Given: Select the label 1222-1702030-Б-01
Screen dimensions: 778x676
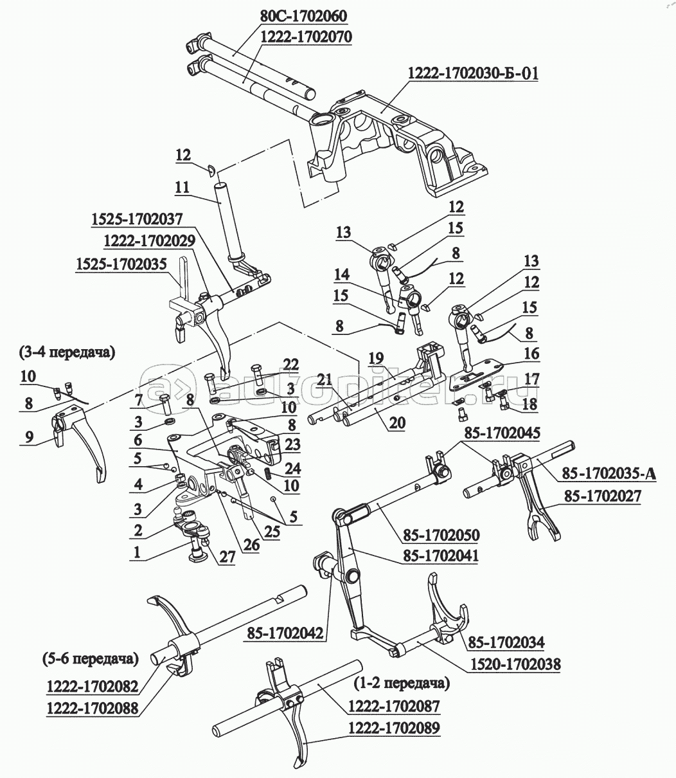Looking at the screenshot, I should [x=472, y=73].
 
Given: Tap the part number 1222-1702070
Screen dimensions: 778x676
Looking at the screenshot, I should [x=305, y=37].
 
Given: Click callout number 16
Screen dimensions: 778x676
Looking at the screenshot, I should [x=531, y=354].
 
